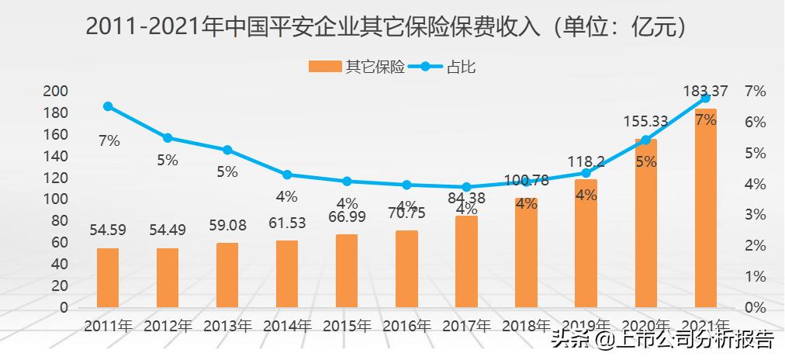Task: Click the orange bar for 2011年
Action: point(108,277)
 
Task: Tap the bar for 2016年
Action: point(406,268)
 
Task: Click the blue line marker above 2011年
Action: point(108,106)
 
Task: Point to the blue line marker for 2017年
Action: point(466,187)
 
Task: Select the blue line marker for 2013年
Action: point(227,150)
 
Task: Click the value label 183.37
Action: point(705,92)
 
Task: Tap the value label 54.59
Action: point(108,230)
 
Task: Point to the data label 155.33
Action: point(645,121)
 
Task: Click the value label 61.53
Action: point(287,223)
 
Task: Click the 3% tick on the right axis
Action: point(755,214)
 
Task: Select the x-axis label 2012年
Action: point(168,325)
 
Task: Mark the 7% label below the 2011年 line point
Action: point(109,140)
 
